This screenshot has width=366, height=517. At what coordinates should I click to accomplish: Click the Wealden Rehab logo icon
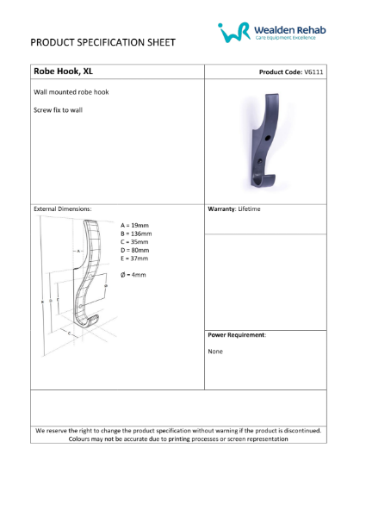[234, 32]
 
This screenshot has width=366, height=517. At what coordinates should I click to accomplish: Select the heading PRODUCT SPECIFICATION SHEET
[102, 41]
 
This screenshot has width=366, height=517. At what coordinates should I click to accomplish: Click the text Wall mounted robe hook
[71, 91]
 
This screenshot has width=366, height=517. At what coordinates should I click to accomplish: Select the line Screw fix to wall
[58, 110]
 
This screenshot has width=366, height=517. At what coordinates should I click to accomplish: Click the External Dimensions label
[62, 209]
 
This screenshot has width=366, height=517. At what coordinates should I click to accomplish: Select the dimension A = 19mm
[134, 225]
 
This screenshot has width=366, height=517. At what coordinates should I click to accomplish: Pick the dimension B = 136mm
[136, 234]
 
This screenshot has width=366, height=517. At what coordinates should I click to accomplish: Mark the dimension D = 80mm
[134, 250]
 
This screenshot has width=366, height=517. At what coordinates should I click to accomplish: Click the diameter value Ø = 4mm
[133, 275]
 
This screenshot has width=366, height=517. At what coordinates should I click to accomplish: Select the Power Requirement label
[237, 334]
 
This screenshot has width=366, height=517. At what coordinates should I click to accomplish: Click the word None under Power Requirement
[216, 352]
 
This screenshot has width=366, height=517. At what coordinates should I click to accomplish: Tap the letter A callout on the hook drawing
[78, 251]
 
